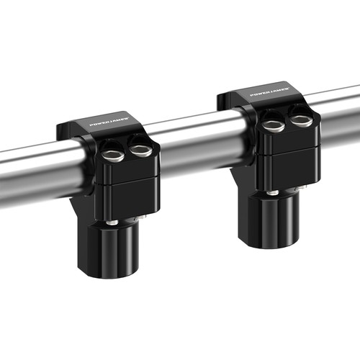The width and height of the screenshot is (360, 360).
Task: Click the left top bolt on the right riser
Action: [x=271, y=125]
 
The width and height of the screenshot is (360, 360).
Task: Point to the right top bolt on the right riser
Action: [x=301, y=121]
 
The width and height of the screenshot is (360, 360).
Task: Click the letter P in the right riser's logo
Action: [x=251, y=96]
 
